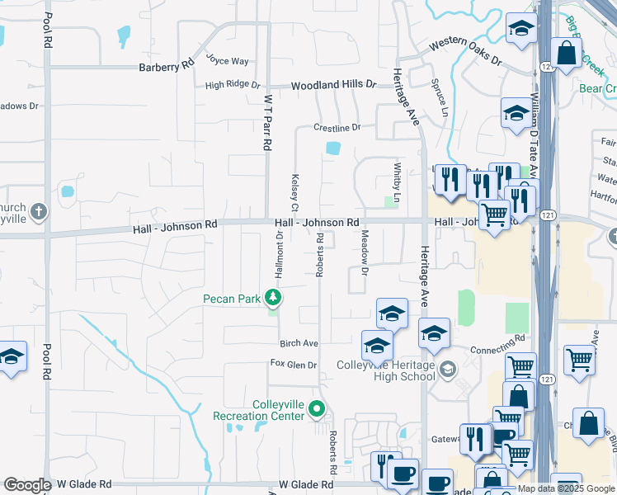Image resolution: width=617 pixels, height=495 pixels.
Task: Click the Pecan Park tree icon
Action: pyautogui.click(x=273, y=298)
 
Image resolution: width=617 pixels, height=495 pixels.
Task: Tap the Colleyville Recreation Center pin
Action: pyautogui.click(x=318, y=408)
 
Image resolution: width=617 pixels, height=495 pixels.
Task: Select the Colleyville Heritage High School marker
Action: pyautogui.click(x=448, y=368)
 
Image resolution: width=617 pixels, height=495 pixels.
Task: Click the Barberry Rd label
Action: pyautogui.click(x=166, y=67)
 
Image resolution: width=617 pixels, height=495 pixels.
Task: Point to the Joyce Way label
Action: pyautogui.click(x=227, y=60)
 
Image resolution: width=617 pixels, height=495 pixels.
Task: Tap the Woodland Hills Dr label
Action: pyautogui.click(x=333, y=84)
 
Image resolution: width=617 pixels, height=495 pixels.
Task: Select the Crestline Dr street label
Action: pyautogui.click(x=337, y=128)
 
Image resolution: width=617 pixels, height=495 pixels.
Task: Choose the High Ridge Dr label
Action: pyautogui.click(x=233, y=85)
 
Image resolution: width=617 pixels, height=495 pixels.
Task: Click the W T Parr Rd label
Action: pyautogui.click(x=267, y=121)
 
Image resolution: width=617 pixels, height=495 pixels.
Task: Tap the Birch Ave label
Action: pyautogui.click(x=299, y=343)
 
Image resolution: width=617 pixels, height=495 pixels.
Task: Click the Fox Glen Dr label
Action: pyautogui.click(x=294, y=365)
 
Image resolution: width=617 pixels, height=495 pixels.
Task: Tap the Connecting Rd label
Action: pyautogui.click(x=497, y=343)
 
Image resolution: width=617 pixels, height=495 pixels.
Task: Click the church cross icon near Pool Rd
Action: pyautogui.click(x=38, y=213)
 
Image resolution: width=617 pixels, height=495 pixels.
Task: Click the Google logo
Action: pyautogui.click(x=27, y=485)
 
